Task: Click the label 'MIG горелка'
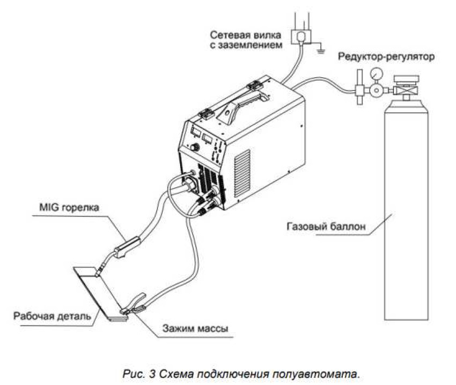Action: pos(68,207)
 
